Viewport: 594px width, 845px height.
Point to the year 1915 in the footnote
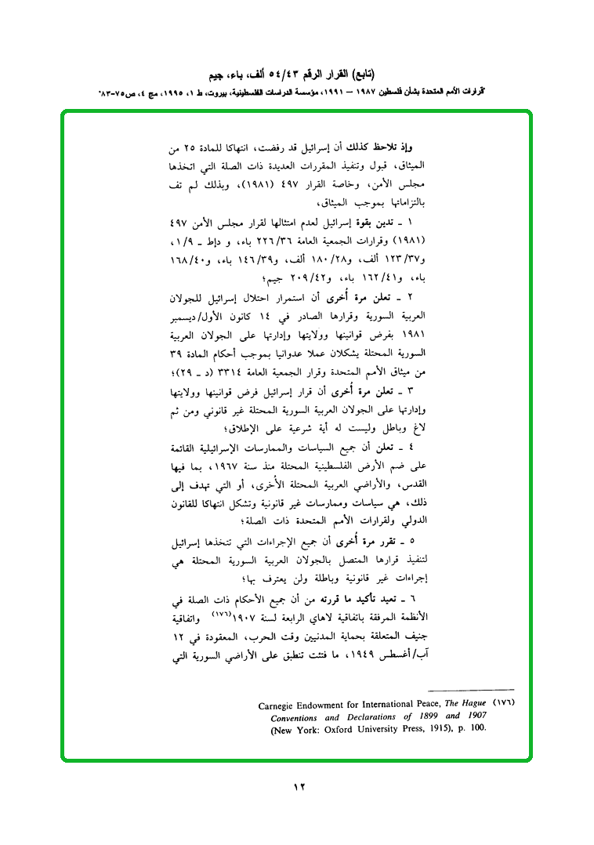click(443, 727)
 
